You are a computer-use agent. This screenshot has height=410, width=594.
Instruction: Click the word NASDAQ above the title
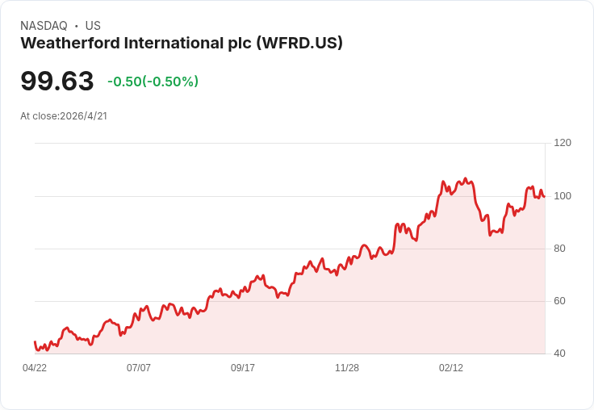pos(44,26)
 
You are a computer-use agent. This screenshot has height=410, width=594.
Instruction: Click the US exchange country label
pos(93,26)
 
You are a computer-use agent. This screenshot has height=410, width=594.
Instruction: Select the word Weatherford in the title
pos(65,43)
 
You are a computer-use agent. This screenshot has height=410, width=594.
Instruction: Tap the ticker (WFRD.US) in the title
pos(299,43)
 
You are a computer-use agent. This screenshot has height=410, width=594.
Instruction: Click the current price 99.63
pos(57,81)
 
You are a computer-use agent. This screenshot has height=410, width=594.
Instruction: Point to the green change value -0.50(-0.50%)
pos(153,82)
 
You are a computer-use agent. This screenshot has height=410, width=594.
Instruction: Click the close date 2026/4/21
pos(83,115)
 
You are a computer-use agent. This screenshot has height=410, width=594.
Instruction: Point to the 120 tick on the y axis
pos(563,143)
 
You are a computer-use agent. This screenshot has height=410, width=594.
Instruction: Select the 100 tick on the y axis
pos(563,195)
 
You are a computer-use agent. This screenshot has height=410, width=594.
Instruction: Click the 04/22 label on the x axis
pos(35,367)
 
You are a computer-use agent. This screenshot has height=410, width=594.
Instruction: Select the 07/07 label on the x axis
pos(139,367)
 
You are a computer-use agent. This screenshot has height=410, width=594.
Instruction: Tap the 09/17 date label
pos(243,367)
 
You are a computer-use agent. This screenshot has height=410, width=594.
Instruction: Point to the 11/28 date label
pos(347,367)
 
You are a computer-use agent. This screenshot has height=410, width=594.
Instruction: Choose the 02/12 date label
pos(451,367)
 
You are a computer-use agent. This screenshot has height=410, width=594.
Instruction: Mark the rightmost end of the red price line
pos(545,196)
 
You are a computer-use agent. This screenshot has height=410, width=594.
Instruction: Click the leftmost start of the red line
pos(35,342)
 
